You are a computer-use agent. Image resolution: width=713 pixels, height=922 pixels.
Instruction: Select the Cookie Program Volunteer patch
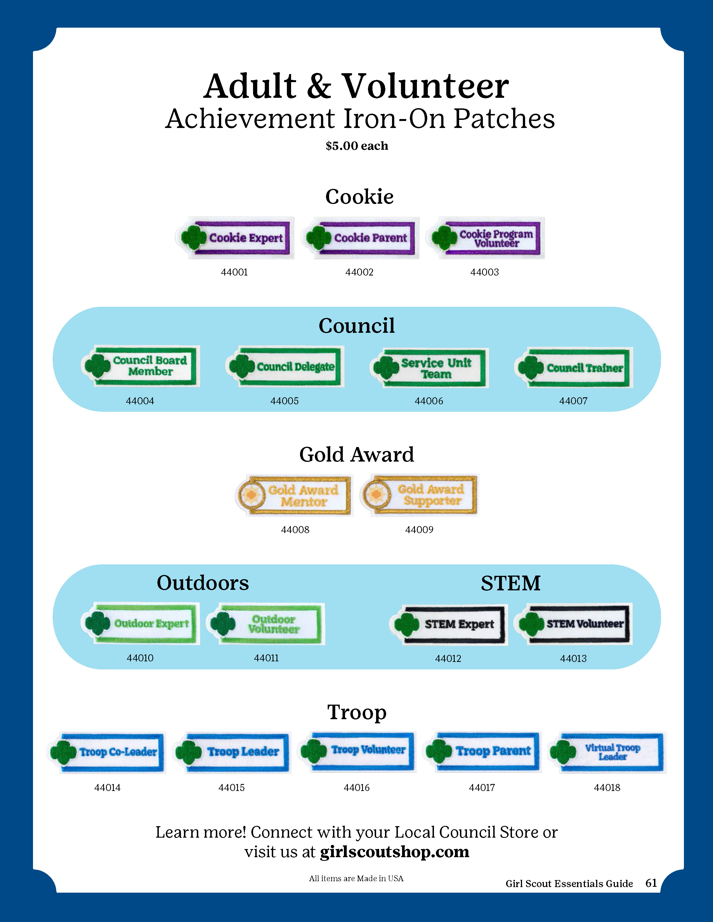pyautogui.click(x=486, y=238)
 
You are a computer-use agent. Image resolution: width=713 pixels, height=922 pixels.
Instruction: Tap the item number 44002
pyautogui.click(x=359, y=272)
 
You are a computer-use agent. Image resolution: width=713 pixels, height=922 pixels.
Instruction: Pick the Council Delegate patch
pyautogui.click(x=285, y=367)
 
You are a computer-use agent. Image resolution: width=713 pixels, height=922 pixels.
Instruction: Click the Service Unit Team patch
pyautogui.click(x=429, y=368)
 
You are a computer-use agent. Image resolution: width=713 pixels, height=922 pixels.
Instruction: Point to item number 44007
pyautogui.click(x=573, y=401)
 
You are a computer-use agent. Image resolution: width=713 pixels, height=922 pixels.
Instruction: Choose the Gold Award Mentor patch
pyautogui.click(x=294, y=495)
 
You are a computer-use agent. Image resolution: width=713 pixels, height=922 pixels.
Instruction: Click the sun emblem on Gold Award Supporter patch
pyautogui.click(x=376, y=494)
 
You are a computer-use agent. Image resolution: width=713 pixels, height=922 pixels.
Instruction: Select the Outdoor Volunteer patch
pyautogui.click(x=266, y=624)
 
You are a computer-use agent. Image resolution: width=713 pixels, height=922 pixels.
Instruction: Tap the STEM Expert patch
pyautogui.click(x=448, y=624)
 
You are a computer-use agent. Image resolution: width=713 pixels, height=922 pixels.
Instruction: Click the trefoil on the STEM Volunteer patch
pyautogui.click(x=531, y=624)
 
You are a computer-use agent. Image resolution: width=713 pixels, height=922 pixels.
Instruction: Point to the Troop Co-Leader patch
pyautogui.click(x=107, y=752)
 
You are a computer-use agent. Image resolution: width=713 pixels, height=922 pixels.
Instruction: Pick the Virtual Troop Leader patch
pyautogui.click(x=607, y=752)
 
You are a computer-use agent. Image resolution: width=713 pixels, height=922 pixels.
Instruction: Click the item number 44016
pyautogui.click(x=356, y=788)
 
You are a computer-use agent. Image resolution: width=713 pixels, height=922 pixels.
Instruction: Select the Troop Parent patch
pyautogui.click(x=482, y=752)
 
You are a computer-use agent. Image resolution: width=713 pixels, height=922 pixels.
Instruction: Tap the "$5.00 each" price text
pyautogui.click(x=356, y=146)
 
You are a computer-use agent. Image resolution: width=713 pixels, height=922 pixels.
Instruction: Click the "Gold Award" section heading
pyautogui.click(x=356, y=455)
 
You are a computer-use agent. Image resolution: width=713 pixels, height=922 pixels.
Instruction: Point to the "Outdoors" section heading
pyautogui.click(x=203, y=583)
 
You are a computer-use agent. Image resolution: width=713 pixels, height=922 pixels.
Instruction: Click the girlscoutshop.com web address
pyautogui.click(x=395, y=852)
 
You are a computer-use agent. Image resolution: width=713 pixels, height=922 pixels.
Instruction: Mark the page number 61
pyautogui.click(x=651, y=883)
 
